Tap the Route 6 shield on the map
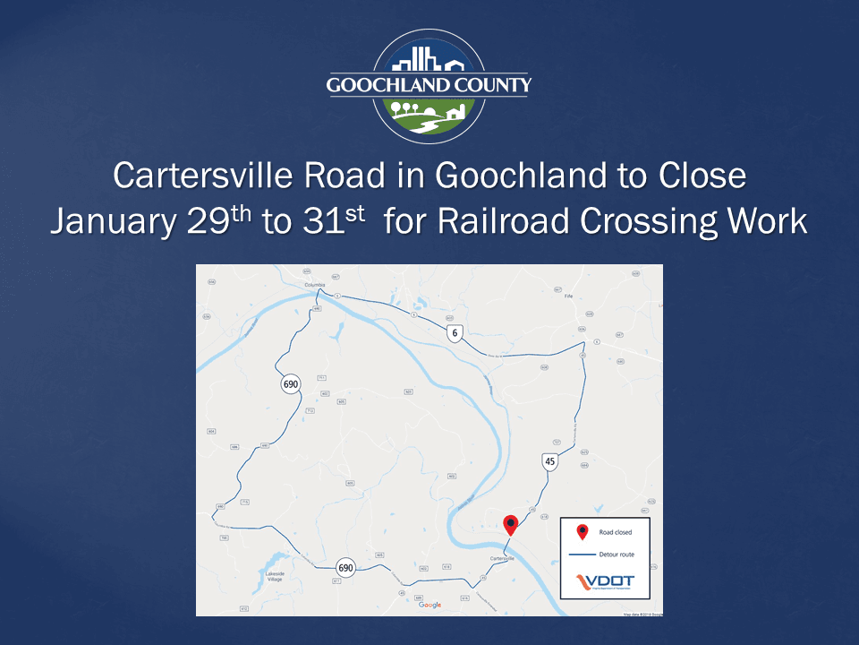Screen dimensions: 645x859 (455, 334)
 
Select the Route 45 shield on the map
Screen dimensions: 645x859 (550, 461)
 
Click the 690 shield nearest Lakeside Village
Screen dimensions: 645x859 (345, 568)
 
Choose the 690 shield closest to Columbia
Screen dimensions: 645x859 (290, 384)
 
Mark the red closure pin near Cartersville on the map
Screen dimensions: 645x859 (510, 523)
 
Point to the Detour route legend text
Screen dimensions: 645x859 (617, 555)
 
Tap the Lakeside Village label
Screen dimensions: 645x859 (274, 576)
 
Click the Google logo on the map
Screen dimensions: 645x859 (429, 605)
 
